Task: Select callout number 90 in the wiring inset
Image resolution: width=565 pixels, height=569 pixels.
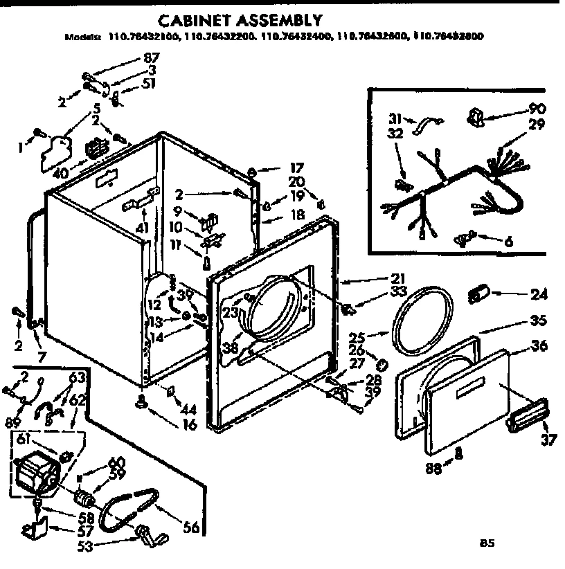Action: pos(536,109)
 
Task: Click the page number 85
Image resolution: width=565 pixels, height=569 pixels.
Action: pos(488,543)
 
